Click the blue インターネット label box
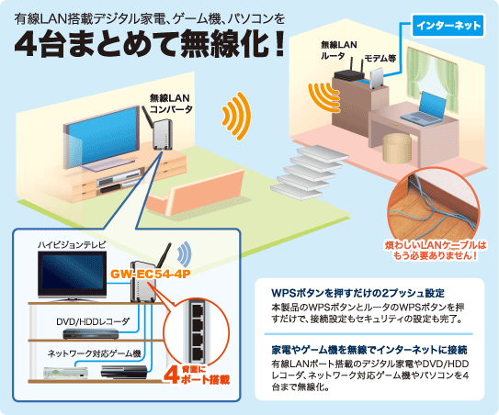coord(448,25)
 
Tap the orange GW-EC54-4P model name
coord(150,274)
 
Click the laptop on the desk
coord(425,108)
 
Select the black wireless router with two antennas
coord(349,73)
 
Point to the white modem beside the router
coord(377,79)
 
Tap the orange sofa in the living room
coord(196,194)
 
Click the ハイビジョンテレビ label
coord(72,245)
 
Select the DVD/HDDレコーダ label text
coord(93,322)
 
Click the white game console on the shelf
coord(65,373)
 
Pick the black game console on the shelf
coord(124,372)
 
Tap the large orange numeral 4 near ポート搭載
coord(172,376)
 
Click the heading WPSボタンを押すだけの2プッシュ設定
coord(357,293)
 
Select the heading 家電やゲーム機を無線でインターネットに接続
coord(369,350)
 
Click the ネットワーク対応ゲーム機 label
coord(95,353)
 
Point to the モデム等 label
coord(380,58)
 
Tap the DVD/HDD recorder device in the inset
coord(90,334)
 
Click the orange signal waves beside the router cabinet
coord(323,97)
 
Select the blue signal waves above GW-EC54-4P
coord(185,253)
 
